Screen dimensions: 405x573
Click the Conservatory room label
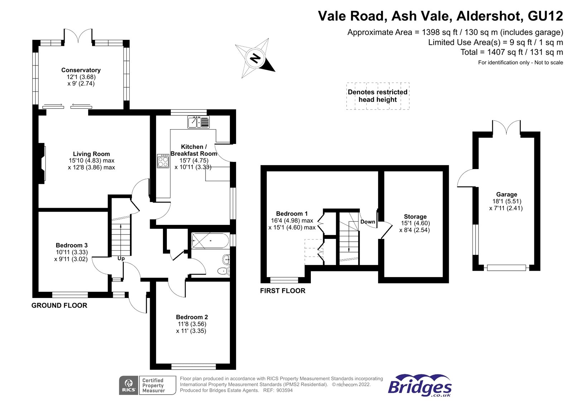click(81, 70)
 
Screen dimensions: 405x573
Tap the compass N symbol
click(255, 58)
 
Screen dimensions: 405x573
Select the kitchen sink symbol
click(198, 122)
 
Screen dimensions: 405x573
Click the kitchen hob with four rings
click(163, 161)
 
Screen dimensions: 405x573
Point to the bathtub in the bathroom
click(210, 241)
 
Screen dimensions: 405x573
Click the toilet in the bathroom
click(224, 271)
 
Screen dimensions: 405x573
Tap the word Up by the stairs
click(121, 258)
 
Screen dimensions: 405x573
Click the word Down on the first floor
click(367, 222)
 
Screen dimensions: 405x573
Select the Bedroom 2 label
click(192, 317)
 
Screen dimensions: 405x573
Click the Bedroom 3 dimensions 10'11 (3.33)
click(72, 252)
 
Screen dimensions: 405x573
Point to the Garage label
click(506, 194)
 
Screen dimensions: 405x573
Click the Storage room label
click(415, 217)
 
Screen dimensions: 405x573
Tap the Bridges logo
click(420, 386)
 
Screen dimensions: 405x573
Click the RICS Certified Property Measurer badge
click(148, 385)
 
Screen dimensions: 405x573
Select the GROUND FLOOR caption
click(59, 305)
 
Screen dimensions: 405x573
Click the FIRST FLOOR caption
click(283, 291)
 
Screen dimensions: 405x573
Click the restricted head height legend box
click(377, 96)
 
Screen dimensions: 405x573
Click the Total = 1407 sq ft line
click(511, 52)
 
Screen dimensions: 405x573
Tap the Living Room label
click(91, 154)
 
